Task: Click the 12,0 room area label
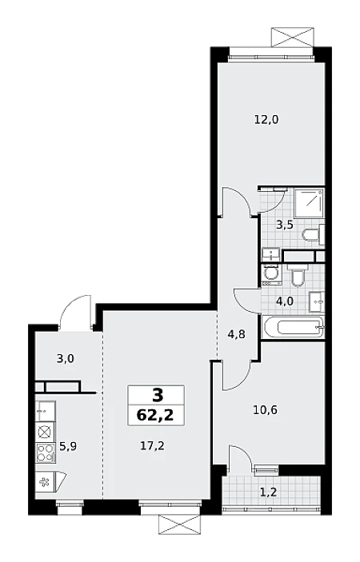tap(266, 119)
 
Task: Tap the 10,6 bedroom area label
tap(266, 409)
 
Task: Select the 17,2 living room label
tap(152, 446)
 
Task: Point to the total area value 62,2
tap(155, 416)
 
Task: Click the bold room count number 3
tap(158, 396)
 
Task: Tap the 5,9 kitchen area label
tap(68, 447)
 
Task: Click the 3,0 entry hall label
tap(66, 358)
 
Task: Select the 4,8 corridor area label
tap(237, 334)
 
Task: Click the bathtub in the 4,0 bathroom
tap(293, 327)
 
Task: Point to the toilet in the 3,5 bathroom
tap(313, 235)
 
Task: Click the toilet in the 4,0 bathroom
tap(298, 275)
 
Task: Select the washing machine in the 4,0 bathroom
tap(270, 275)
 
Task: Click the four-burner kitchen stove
tap(46, 452)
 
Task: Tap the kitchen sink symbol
tap(45, 411)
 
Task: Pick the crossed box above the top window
tap(293, 37)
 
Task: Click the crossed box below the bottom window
tap(178, 525)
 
